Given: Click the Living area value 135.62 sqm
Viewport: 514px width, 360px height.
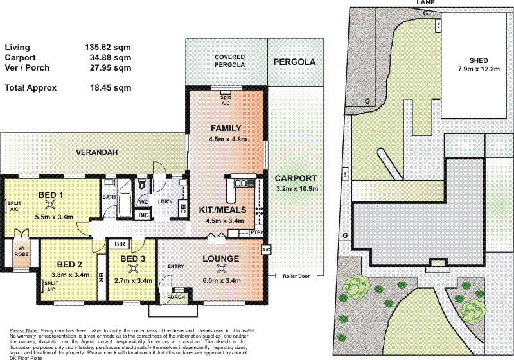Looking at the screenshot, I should pyautogui.click(x=108, y=47).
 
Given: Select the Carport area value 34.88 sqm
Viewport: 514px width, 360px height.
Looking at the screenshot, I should pyautogui.click(x=108, y=57).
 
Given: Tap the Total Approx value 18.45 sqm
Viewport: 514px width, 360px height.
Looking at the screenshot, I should pyautogui.click(x=108, y=88).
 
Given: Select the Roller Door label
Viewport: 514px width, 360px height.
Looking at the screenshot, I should pyautogui.click(x=295, y=276).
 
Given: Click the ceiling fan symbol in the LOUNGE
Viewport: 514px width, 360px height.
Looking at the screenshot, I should pyautogui.click(x=222, y=269).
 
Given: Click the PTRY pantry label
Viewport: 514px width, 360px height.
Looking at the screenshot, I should pyautogui.click(x=256, y=233).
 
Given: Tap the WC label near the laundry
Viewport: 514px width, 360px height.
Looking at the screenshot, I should pyautogui.click(x=144, y=202).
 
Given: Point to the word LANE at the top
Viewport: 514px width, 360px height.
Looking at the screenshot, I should pyautogui.click(x=425, y=3).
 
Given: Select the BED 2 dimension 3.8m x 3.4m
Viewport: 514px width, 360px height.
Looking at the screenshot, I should pyautogui.click(x=69, y=274).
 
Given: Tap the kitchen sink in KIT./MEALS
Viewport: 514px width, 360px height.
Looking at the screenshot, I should pyautogui.click(x=242, y=184).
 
